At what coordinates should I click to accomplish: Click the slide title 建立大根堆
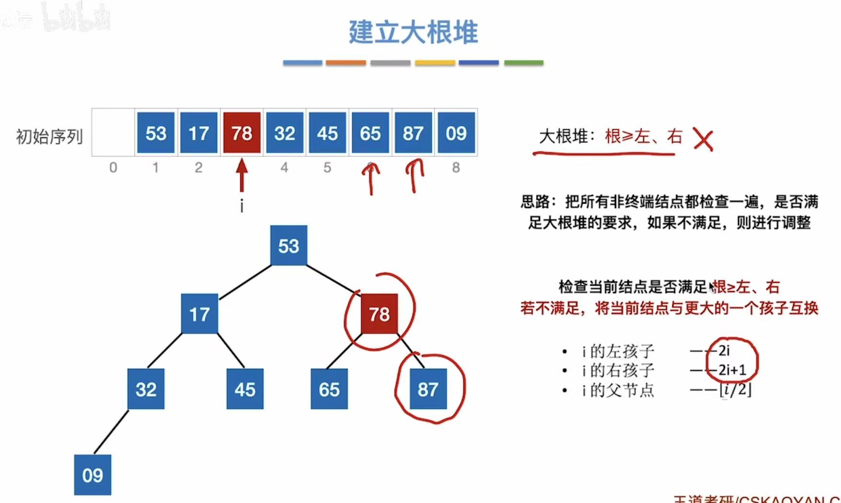click(x=413, y=33)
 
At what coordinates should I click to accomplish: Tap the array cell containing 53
click(x=156, y=133)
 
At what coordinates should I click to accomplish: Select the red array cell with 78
click(x=242, y=133)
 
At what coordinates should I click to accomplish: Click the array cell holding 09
click(x=456, y=133)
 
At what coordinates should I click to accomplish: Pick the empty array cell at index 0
click(x=113, y=133)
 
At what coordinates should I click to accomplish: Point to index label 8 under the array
click(x=456, y=167)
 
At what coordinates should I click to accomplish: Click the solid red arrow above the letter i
click(x=242, y=175)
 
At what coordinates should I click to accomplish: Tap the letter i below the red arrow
click(x=242, y=206)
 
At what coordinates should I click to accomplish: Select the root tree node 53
click(x=289, y=246)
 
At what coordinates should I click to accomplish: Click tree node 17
click(x=199, y=314)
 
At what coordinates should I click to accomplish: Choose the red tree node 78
click(x=379, y=314)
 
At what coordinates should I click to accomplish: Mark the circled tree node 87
click(x=428, y=389)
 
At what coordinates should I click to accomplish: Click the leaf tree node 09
click(x=92, y=475)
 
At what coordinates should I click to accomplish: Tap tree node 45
click(x=245, y=389)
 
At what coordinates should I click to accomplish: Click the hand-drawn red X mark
click(x=703, y=140)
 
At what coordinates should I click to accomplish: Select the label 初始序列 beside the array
click(x=49, y=137)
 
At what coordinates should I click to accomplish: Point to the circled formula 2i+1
click(x=732, y=370)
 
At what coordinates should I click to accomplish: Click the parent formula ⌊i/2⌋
click(x=735, y=389)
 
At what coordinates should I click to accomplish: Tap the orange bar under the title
click(x=346, y=63)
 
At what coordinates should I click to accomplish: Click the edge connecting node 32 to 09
click(x=111, y=432)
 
